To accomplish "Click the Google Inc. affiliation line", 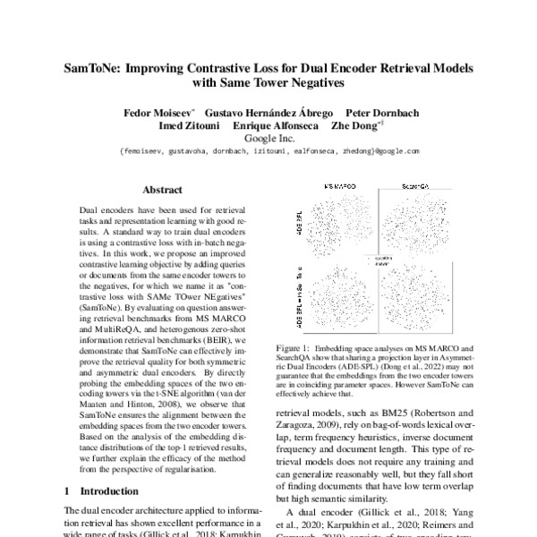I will click(x=268, y=140).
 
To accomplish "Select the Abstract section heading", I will click(x=162, y=190).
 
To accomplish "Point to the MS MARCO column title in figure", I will click(x=340, y=183).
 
